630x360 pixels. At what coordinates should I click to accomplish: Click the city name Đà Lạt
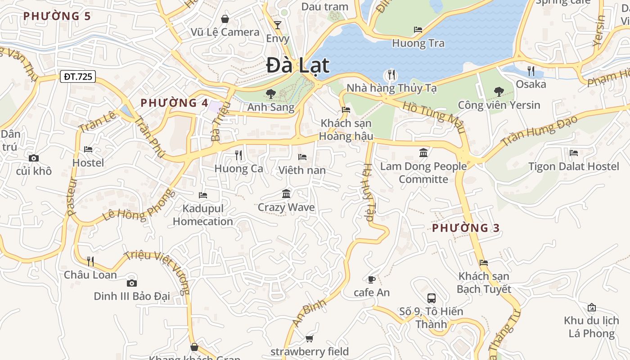pos(298,66)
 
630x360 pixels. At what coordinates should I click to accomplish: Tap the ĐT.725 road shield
pos(78,76)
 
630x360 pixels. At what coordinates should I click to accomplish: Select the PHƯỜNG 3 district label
pos(466,228)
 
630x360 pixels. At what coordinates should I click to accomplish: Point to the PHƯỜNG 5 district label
pos(57,16)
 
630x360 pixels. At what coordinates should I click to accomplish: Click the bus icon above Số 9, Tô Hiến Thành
pos(431,298)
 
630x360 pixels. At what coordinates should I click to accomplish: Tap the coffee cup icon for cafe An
pos(371,279)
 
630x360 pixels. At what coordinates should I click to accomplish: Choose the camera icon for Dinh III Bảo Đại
pos(131,283)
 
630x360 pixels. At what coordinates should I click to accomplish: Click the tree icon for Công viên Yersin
pos(499,92)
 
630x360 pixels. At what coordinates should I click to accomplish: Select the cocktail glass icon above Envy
pos(278,25)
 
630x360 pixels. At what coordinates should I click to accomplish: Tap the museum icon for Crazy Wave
pos(286,194)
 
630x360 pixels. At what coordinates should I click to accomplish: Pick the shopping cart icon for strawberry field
pos(309,338)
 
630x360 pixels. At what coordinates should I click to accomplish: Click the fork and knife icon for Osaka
pos(531,71)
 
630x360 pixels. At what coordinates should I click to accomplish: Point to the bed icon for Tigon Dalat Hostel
pos(573,153)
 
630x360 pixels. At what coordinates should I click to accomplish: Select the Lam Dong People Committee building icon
pos(423,153)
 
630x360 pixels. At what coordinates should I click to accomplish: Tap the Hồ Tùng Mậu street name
pos(434,117)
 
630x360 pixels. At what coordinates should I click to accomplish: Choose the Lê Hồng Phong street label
pos(139,205)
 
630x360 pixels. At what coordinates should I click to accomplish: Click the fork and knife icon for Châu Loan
pos(90,261)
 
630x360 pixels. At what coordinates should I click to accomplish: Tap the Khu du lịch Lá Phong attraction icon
pos(592,308)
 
